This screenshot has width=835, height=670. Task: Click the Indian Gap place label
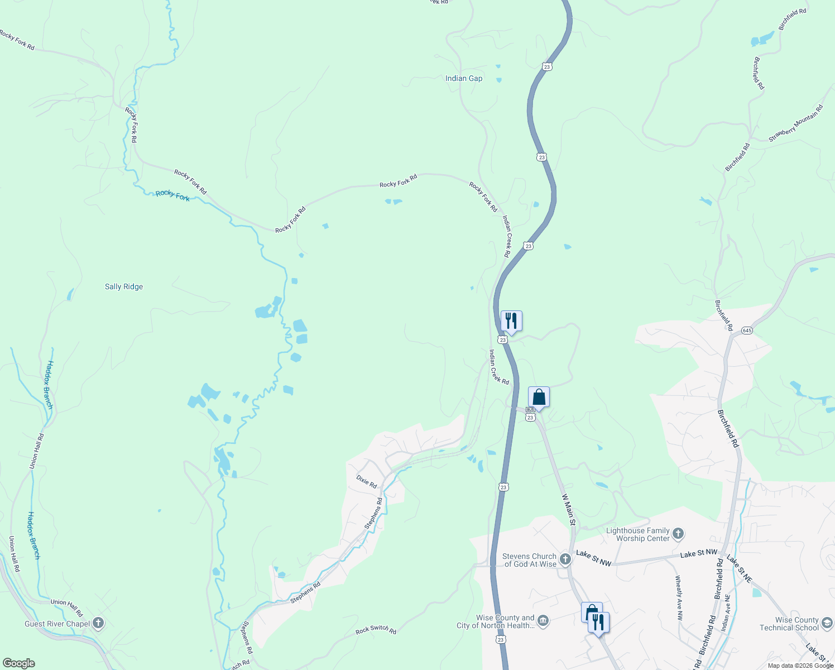point(463,78)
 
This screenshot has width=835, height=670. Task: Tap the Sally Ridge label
point(124,286)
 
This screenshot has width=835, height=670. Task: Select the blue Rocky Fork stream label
point(172,195)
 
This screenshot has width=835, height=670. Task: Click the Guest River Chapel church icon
point(98,623)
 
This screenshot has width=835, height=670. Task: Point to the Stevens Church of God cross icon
point(565,559)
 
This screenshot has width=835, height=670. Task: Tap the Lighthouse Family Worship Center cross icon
point(678,534)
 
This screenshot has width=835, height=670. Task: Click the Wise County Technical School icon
point(827,623)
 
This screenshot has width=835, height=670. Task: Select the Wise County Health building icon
point(543,620)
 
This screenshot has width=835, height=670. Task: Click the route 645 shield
point(747,331)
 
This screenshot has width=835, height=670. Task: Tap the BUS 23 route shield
point(530,414)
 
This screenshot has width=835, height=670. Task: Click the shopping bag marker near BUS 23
point(539,397)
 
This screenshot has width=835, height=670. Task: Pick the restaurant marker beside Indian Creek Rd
point(511,321)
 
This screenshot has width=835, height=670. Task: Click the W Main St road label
point(568,509)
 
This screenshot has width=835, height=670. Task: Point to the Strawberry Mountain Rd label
point(795,123)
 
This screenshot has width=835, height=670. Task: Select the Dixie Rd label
point(367,481)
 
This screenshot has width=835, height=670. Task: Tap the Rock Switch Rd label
point(376,630)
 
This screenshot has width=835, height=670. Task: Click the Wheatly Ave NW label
point(679,598)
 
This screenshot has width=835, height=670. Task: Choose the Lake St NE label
point(740,569)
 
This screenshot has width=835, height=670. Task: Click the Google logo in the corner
point(19,663)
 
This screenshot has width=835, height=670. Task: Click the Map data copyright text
point(800,666)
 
